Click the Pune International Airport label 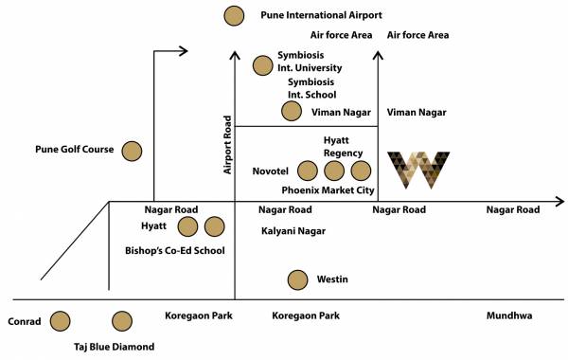[320, 15]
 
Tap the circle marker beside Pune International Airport [233, 15]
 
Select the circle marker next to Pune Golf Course [132, 150]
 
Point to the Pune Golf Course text [74, 150]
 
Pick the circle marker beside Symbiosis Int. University [262, 65]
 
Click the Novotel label [271, 172]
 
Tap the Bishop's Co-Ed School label [175, 251]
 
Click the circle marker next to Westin [298, 279]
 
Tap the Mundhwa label [510, 315]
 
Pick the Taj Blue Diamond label [114, 347]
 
